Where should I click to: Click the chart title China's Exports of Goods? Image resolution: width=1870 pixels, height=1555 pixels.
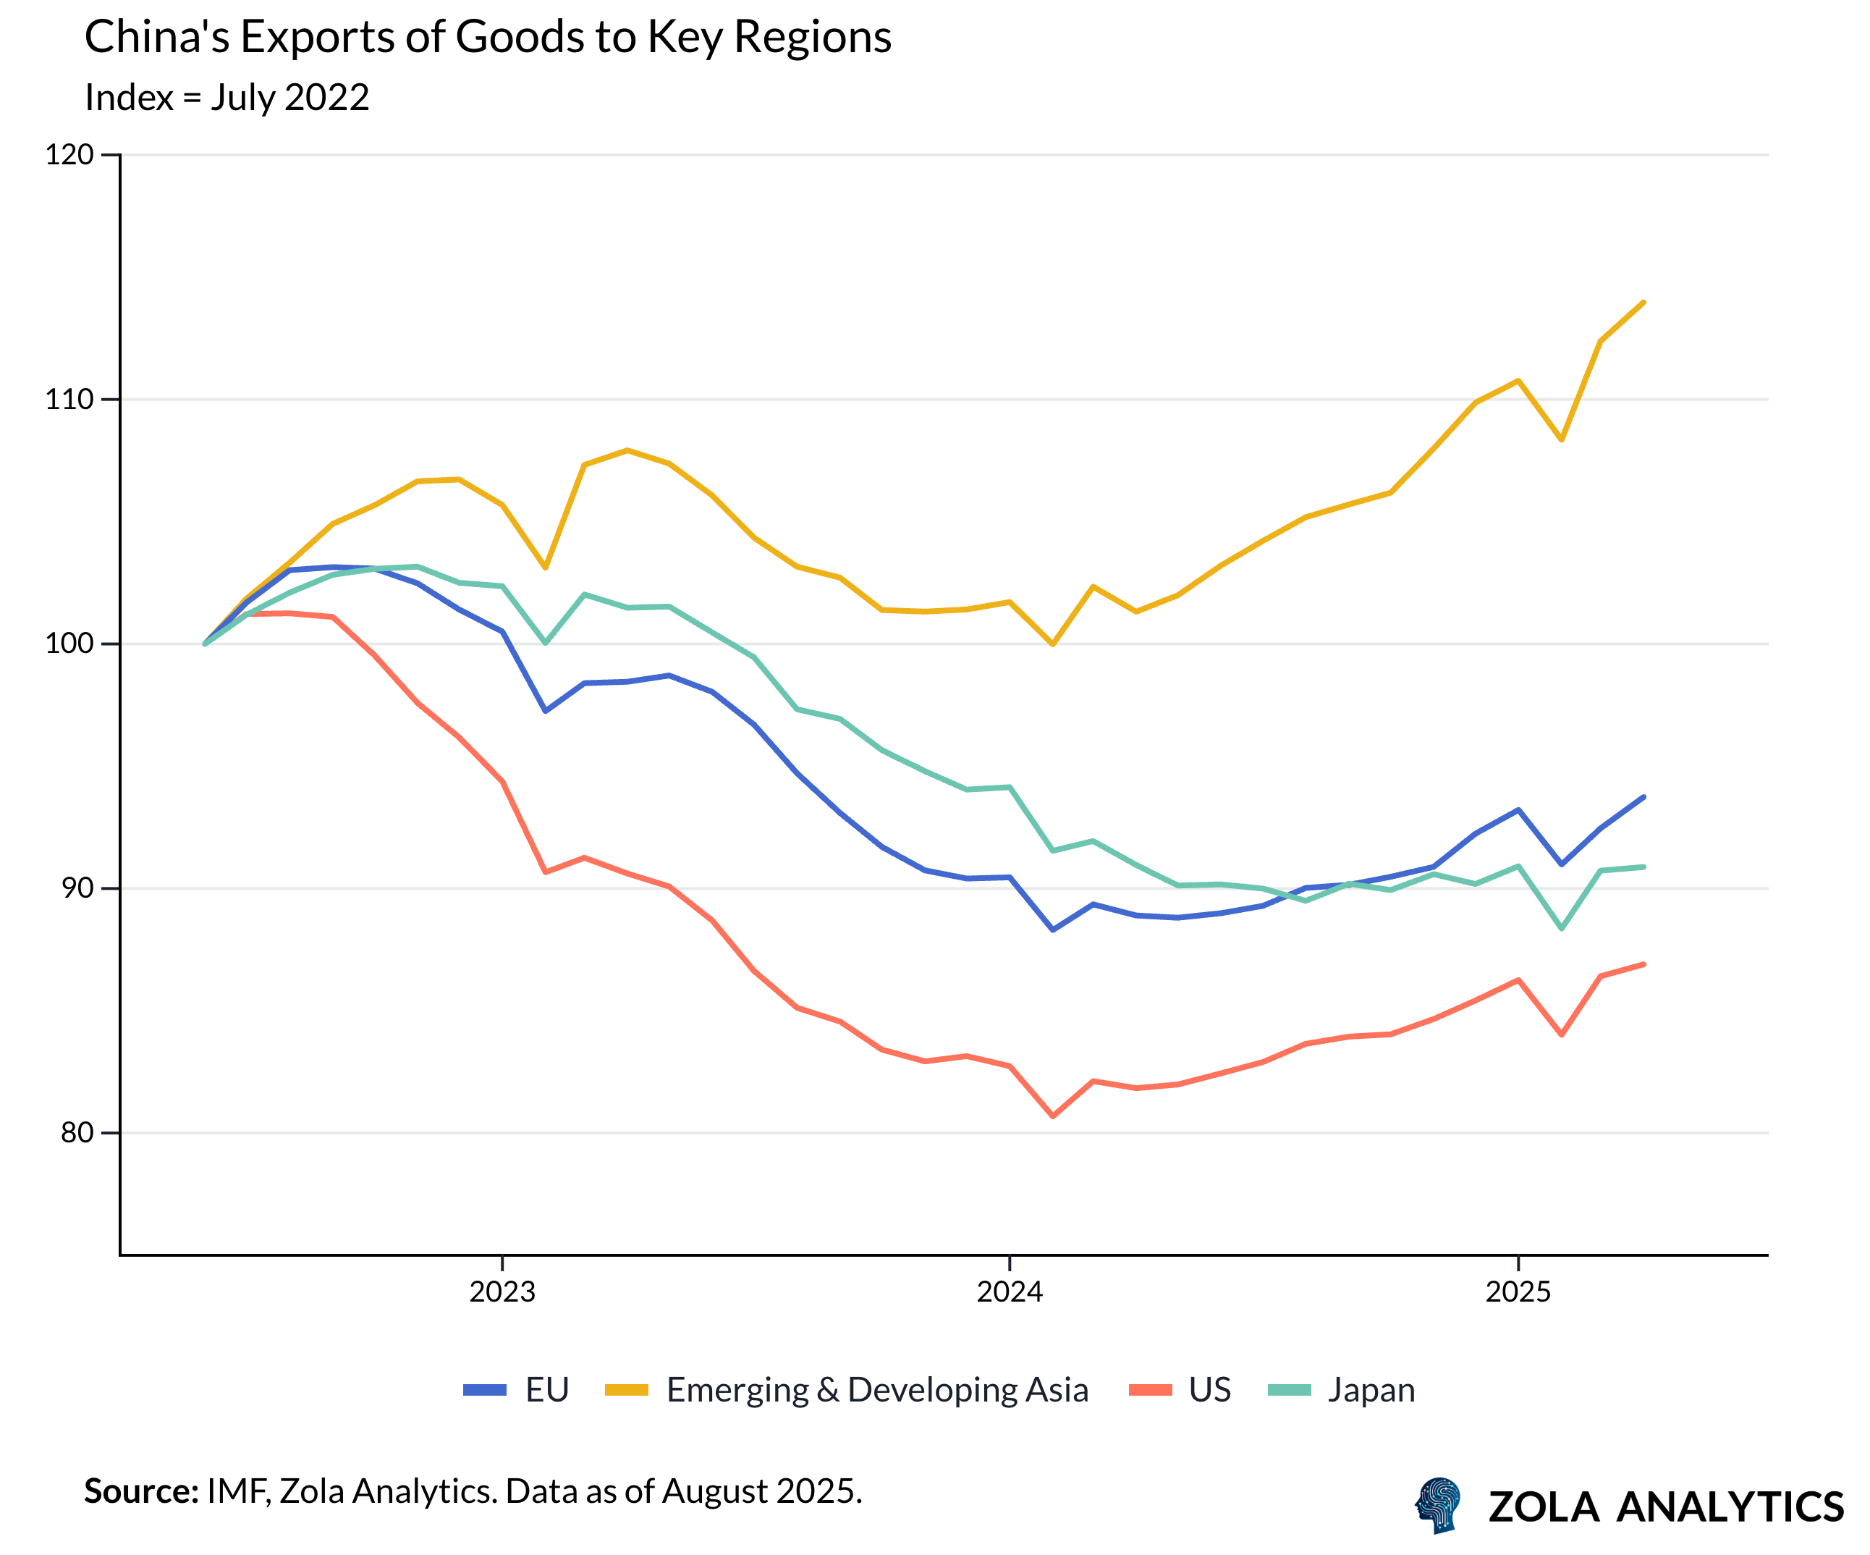(487, 38)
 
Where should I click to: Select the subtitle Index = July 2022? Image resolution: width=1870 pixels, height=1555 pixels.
(227, 97)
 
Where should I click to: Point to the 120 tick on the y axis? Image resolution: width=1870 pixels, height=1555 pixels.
(69, 155)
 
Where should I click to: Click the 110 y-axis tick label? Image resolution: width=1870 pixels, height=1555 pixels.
(69, 399)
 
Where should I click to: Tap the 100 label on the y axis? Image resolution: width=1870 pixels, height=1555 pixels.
(69, 643)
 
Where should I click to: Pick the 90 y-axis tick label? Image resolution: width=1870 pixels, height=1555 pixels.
(77, 888)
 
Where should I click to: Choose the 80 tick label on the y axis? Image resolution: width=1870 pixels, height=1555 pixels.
(77, 1132)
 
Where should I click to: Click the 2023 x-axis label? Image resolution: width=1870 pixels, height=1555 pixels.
(502, 1291)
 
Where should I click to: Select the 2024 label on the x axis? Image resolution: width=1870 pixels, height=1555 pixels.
(1009, 1291)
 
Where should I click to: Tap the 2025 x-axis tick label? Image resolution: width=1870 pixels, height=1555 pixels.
(1518, 1291)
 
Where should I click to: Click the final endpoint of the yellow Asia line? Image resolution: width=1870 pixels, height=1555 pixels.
(1643, 303)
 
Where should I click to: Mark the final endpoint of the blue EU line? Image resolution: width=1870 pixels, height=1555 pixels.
(1643, 797)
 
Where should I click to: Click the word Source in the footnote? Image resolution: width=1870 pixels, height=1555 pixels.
(140, 1491)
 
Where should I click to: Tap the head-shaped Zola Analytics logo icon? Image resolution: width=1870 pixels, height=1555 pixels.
(1438, 1505)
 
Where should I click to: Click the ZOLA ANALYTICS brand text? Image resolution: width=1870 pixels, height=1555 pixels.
(1665, 1507)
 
